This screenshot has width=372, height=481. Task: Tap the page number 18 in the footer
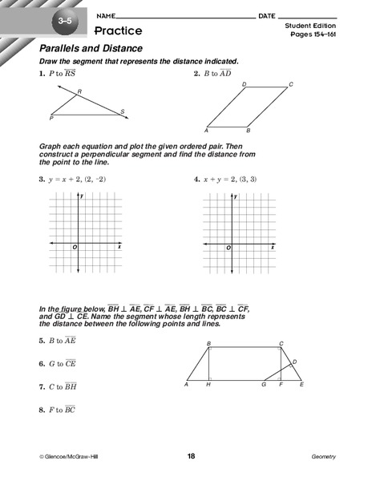[x=191, y=456]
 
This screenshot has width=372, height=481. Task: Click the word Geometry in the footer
[x=324, y=456]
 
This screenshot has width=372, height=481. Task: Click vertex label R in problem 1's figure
[x=79, y=92]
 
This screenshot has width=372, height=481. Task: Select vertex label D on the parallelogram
[x=244, y=84]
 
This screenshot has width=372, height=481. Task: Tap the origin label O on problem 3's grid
[x=75, y=248]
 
